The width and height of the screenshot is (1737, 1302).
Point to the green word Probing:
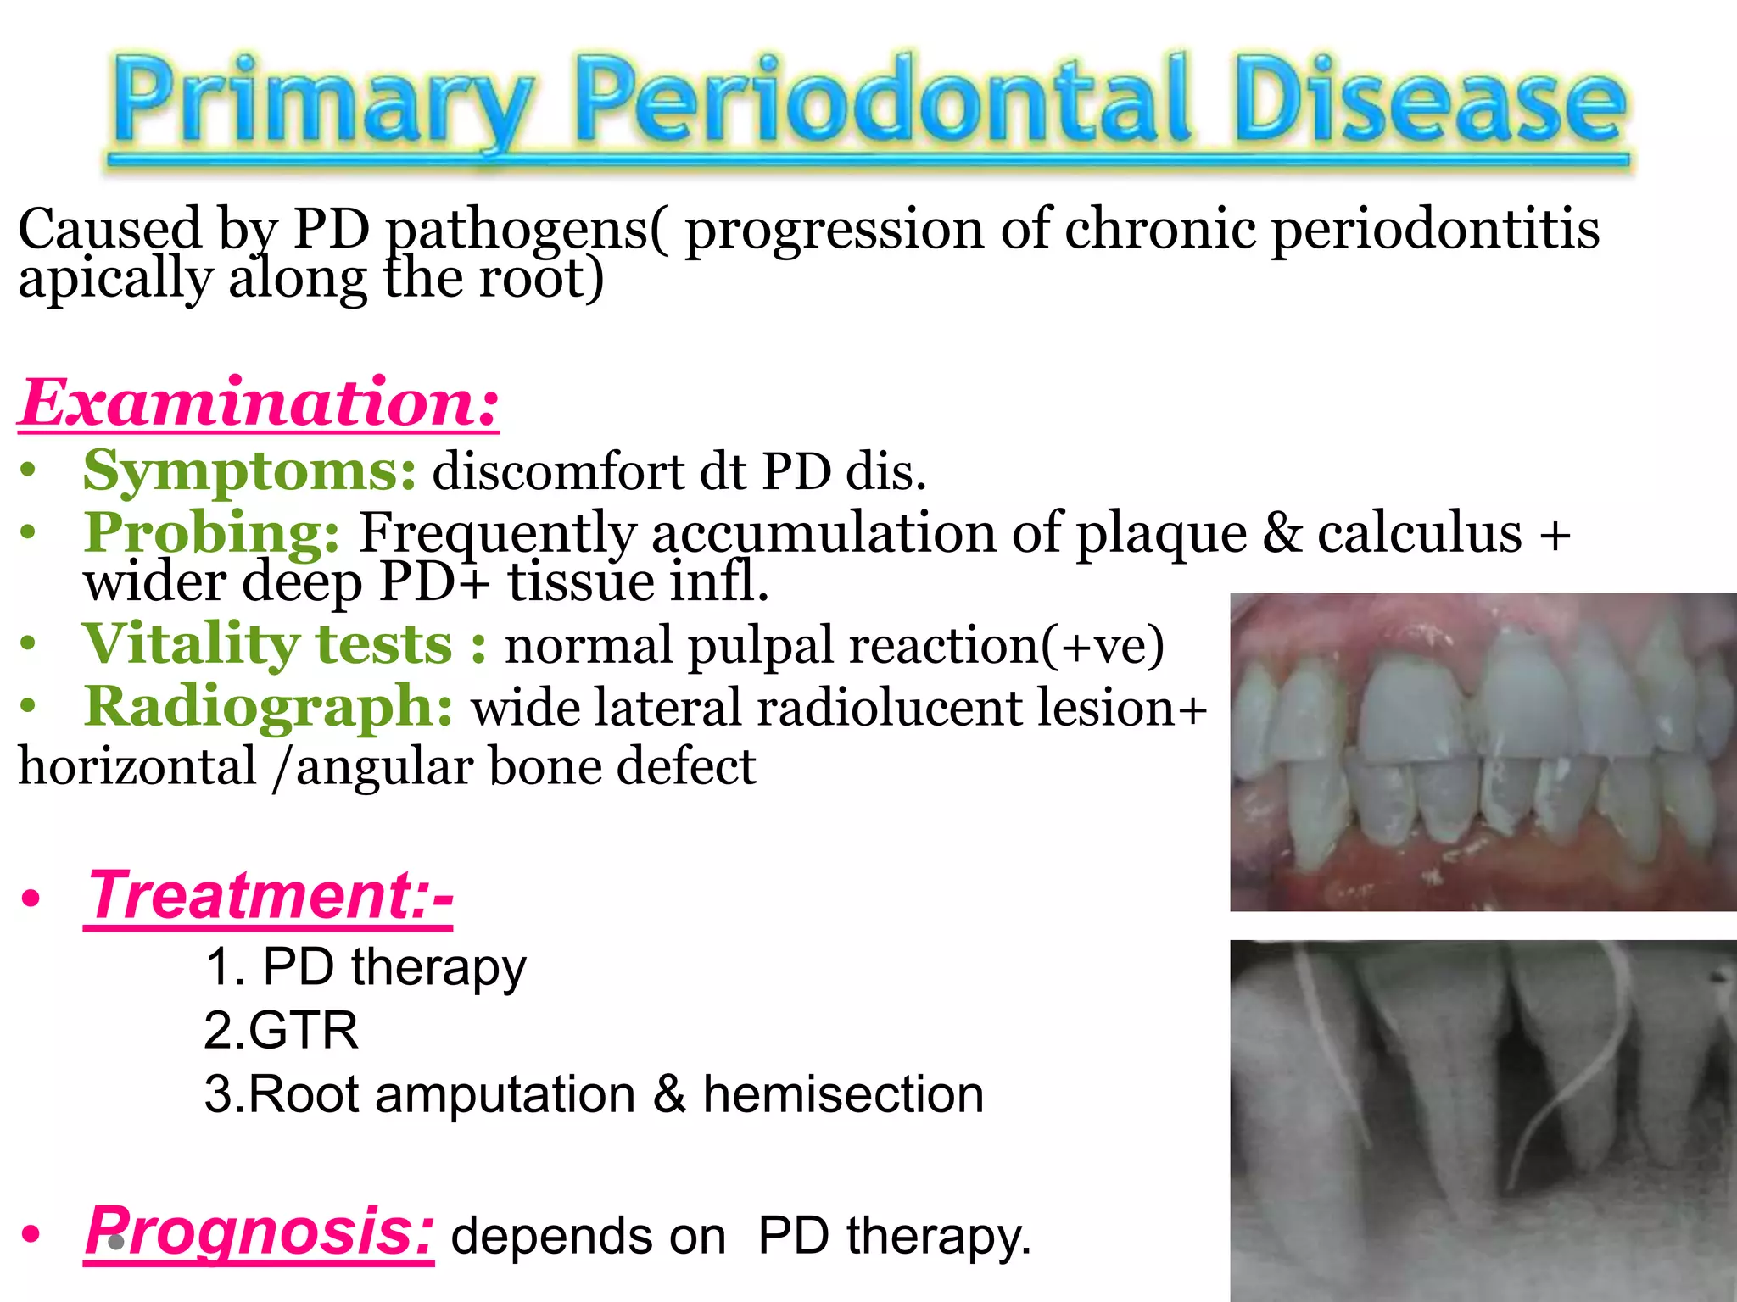point(211,532)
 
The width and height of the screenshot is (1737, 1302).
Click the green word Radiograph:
point(268,706)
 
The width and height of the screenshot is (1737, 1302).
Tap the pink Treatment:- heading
point(270,896)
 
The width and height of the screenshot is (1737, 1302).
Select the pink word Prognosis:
point(260,1231)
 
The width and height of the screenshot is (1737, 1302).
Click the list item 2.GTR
point(281,1031)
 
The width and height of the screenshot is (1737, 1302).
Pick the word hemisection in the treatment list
point(843,1094)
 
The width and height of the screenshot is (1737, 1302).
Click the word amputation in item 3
point(505,1094)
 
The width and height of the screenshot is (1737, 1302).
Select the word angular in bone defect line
point(383,767)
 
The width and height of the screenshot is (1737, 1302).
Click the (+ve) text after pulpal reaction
point(1102,646)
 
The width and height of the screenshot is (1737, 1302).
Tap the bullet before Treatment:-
point(31,899)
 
